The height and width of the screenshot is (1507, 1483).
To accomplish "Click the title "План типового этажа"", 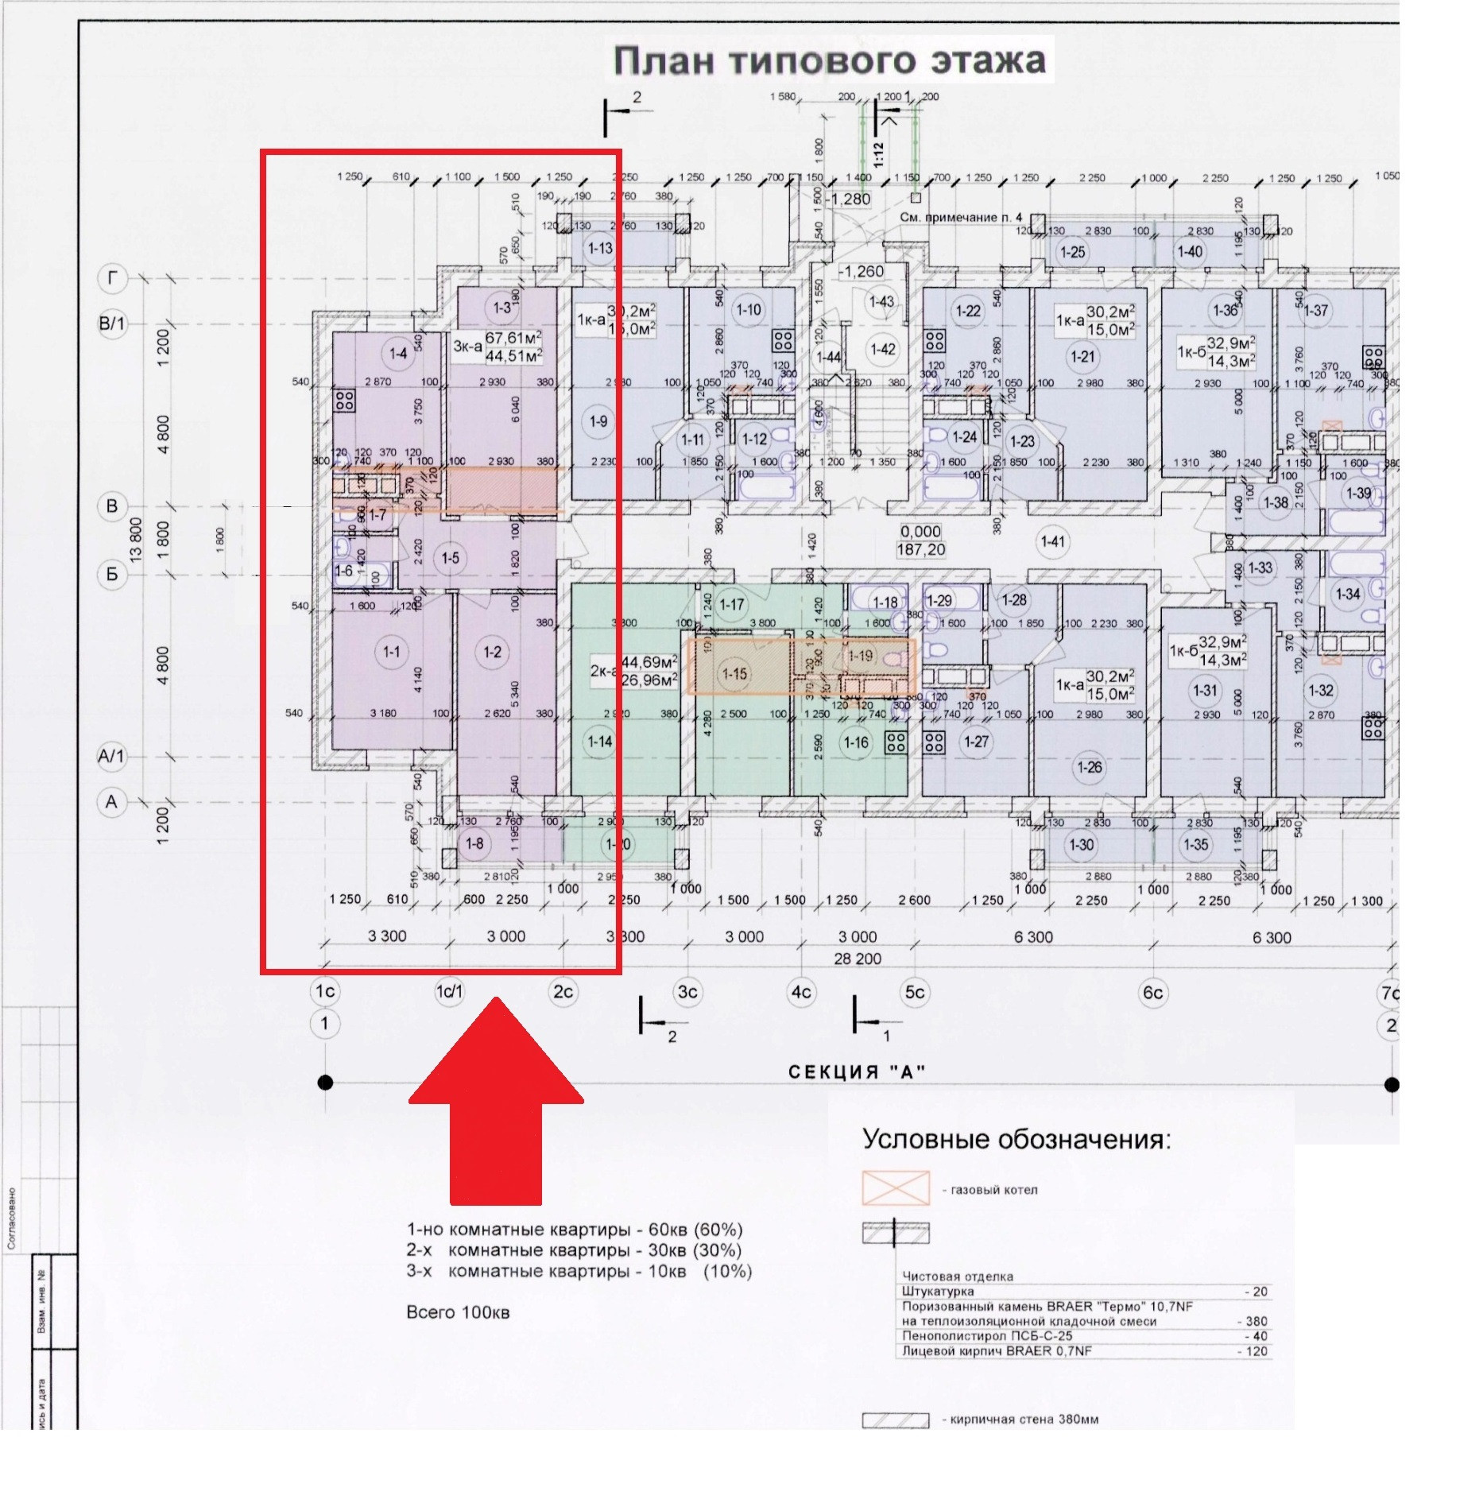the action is pos(830,60).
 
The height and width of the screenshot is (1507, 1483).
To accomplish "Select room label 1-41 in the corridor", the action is pos(1052,541).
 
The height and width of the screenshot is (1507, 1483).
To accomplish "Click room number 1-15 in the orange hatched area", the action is pos(734,674).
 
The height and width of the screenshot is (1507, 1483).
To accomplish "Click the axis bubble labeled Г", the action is pos(112,278).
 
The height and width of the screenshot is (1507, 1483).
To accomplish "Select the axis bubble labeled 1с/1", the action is pos(449,991).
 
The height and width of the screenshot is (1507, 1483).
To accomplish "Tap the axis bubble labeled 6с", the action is pos(1152,992).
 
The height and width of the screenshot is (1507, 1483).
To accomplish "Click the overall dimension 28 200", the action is pos(858,959).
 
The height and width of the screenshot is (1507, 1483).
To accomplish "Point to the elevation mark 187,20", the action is pos(921,549).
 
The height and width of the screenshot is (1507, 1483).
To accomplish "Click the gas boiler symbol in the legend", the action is pos(896,1188).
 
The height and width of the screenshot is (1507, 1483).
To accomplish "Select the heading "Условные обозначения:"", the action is pos(1016,1139).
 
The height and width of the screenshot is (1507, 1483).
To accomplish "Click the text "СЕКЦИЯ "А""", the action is pos(857,1072).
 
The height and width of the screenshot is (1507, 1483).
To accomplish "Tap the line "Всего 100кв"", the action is pos(458,1312).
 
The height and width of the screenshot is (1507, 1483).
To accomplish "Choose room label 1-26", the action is pos(1089,767).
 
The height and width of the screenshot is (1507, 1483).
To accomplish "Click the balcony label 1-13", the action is pos(600,248).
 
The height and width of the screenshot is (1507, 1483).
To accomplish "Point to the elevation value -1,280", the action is pos(849,199).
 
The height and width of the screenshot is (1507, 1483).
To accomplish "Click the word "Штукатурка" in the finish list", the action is pos(938,1292).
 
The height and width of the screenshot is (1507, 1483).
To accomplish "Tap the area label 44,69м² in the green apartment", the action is pos(649,662).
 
